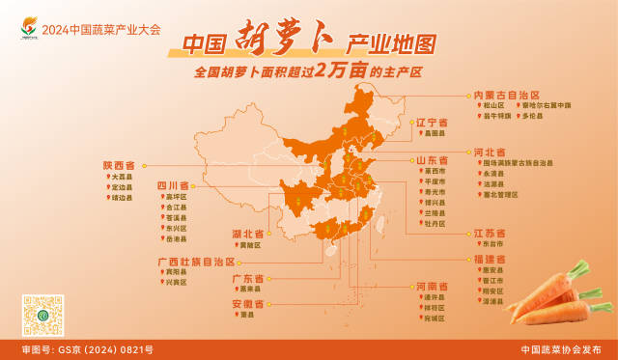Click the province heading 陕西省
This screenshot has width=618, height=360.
coord(119,166)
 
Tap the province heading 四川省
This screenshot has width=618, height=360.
coord(173,184)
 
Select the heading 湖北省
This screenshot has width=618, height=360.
coord(248,234)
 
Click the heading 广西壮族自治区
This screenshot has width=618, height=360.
coord(196,261)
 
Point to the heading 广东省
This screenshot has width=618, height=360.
coord(248,278)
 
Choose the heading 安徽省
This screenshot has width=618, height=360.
coord(248,304)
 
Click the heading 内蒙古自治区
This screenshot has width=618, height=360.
coord(506,95)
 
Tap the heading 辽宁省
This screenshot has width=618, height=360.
coord(432,123)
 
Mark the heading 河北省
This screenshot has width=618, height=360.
coord(490,152)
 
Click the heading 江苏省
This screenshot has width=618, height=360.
coord(490,233)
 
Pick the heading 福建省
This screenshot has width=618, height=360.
coord(490,259)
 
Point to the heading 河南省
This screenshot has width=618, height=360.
coord(432,286)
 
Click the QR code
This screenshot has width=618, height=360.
coord(42,315)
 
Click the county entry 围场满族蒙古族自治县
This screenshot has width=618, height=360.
coord(519,163)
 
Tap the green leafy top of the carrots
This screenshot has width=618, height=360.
coord(580,271)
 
